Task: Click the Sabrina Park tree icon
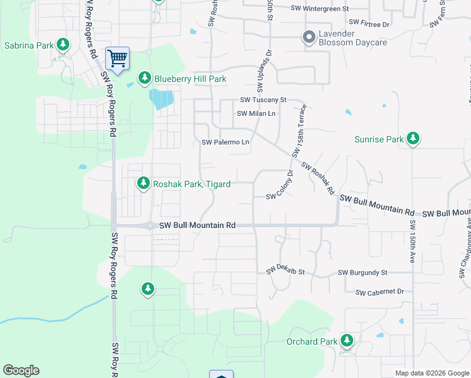tap(62, 44)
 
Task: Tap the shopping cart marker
tap(118, 59)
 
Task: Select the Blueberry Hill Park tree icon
tap(144, 77)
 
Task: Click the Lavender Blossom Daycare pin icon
tap(309, 37)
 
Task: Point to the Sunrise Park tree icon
tap(412, 138)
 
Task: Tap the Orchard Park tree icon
tap(347, 341)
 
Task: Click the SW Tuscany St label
tap(263, 100)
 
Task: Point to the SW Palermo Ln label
tap(225, 142)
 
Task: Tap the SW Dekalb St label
tap(285, 270)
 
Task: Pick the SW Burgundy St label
tap(362, 273)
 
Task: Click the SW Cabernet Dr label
tap(379, 292)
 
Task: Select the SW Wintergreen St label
tap(320, 9)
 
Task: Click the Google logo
tap(21, 370)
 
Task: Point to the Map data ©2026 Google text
tap(431, 373)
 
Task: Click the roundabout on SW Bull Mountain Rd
tap(150, 225)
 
